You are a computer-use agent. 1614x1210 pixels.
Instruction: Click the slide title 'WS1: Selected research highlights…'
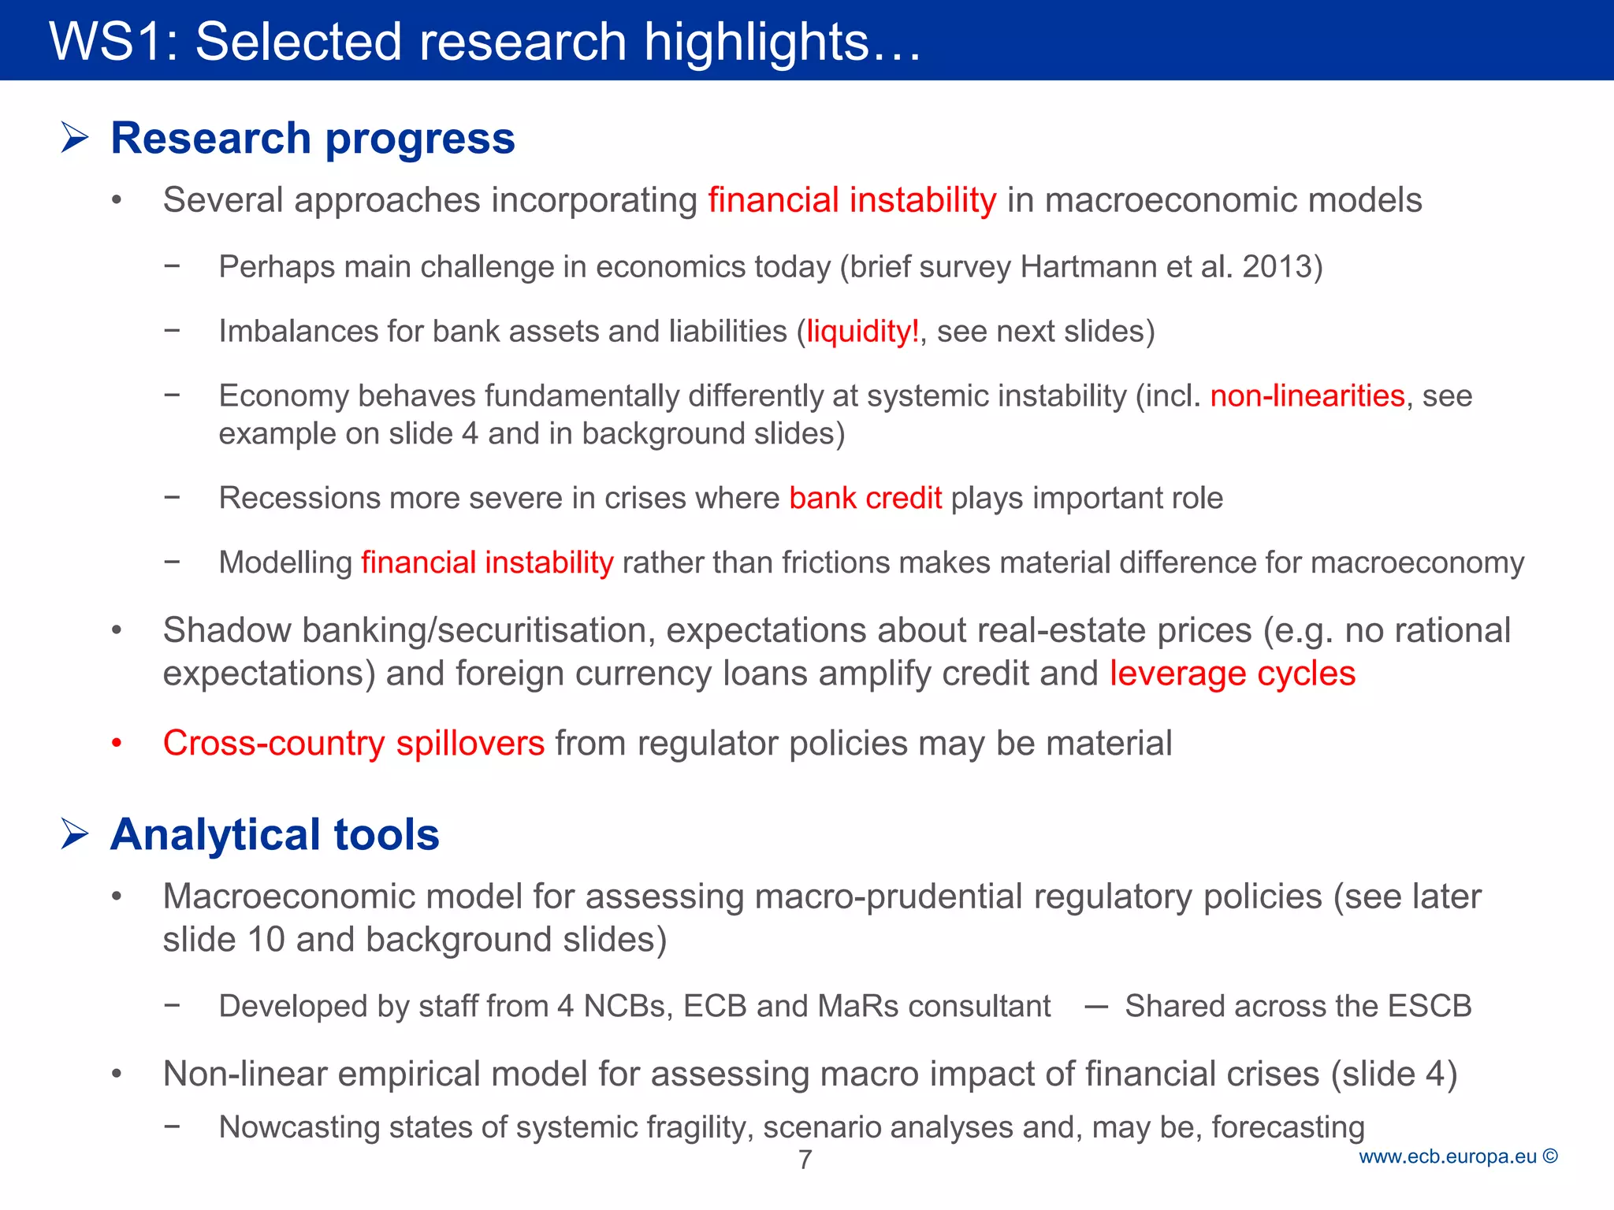485,41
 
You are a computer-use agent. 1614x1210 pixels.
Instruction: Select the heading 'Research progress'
313,138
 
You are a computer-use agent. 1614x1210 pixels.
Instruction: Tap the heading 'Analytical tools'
275,834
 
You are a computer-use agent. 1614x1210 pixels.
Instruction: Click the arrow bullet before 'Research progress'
75,138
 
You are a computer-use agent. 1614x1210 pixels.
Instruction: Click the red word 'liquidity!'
862,332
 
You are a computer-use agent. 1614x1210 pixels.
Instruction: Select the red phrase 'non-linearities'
1307,396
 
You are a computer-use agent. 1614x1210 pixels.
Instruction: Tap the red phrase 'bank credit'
865,499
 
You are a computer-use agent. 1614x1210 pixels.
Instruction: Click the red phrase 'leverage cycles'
1233,674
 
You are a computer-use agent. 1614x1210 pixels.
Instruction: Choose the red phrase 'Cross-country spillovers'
353,744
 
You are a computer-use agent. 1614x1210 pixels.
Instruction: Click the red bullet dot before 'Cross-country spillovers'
117,743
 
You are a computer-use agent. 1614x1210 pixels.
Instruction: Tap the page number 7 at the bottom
805,1160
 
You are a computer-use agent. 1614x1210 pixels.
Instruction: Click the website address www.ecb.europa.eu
1448,1156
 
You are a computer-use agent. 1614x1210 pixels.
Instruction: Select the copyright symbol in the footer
1550,1156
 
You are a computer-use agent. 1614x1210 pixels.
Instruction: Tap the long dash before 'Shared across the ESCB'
1096,1006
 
